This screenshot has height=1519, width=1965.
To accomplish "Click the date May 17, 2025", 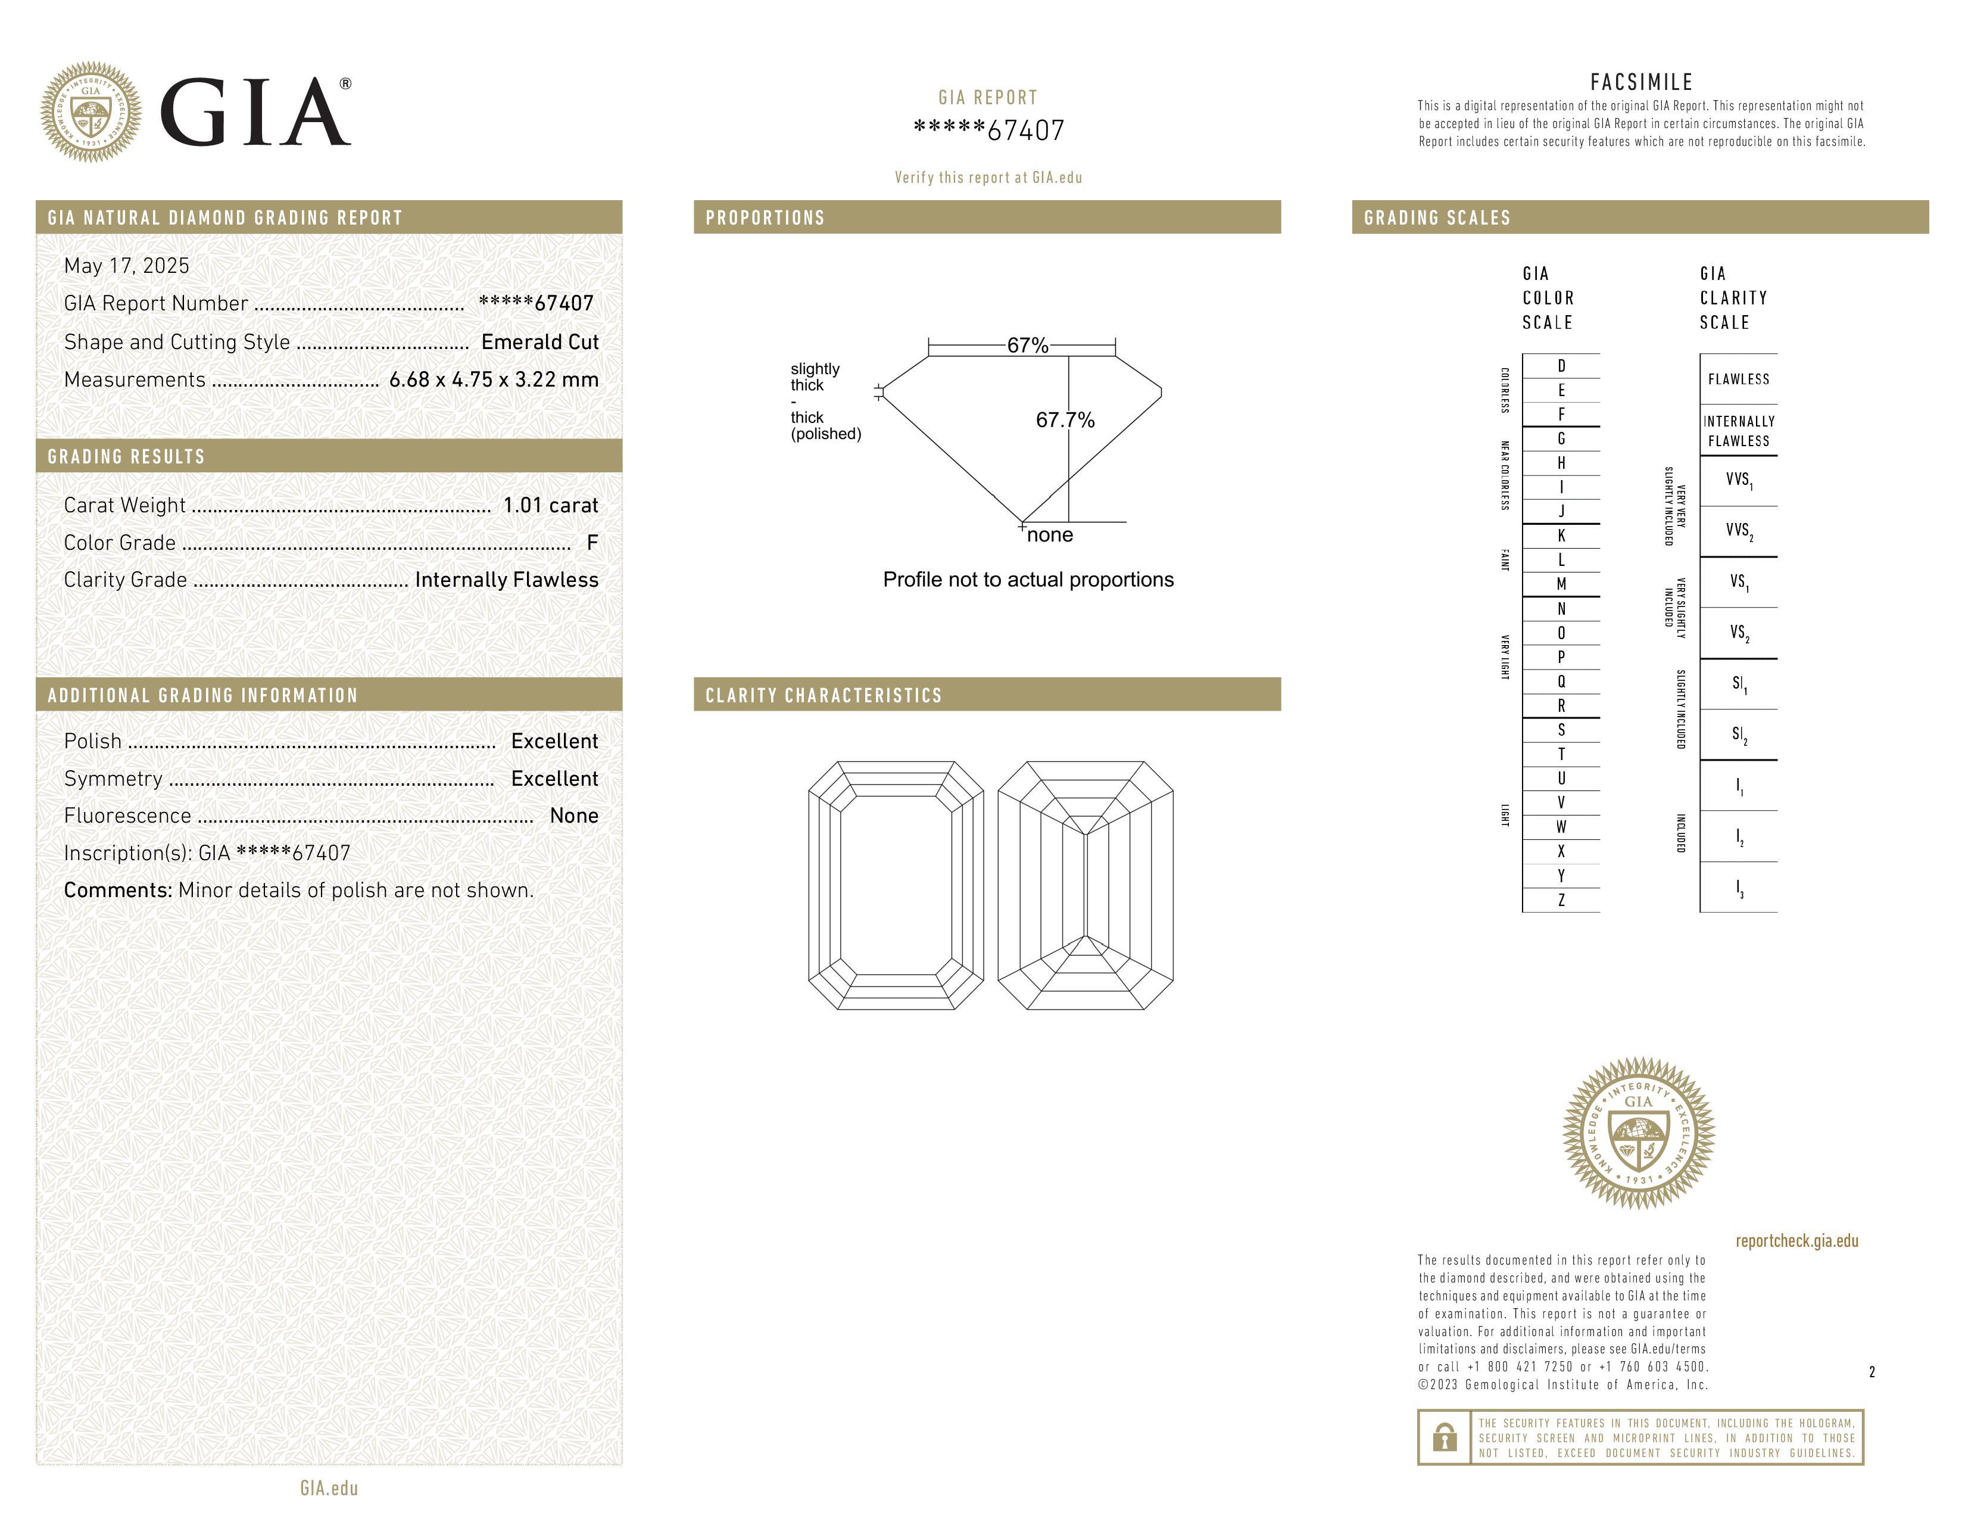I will tap(127, 266).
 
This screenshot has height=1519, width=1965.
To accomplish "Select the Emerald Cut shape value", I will tap(540, 342).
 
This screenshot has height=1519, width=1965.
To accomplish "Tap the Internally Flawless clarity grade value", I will tap(507, 580).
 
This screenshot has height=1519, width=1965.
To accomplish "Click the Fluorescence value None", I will tap(574, 815).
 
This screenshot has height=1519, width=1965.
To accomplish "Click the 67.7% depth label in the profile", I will tap(1065, 420).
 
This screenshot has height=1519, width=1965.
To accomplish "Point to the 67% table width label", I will tap(1028, 345).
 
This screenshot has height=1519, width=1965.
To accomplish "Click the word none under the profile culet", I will tap(1050, 536).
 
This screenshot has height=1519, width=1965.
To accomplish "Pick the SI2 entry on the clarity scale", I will tap(1738, 735).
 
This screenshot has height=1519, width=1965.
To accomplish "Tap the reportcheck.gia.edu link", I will tap(1796, 1241).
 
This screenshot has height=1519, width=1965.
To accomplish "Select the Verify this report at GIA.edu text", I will tap(988, 178).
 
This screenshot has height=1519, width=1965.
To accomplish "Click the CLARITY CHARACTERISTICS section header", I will tap(824, 696).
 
